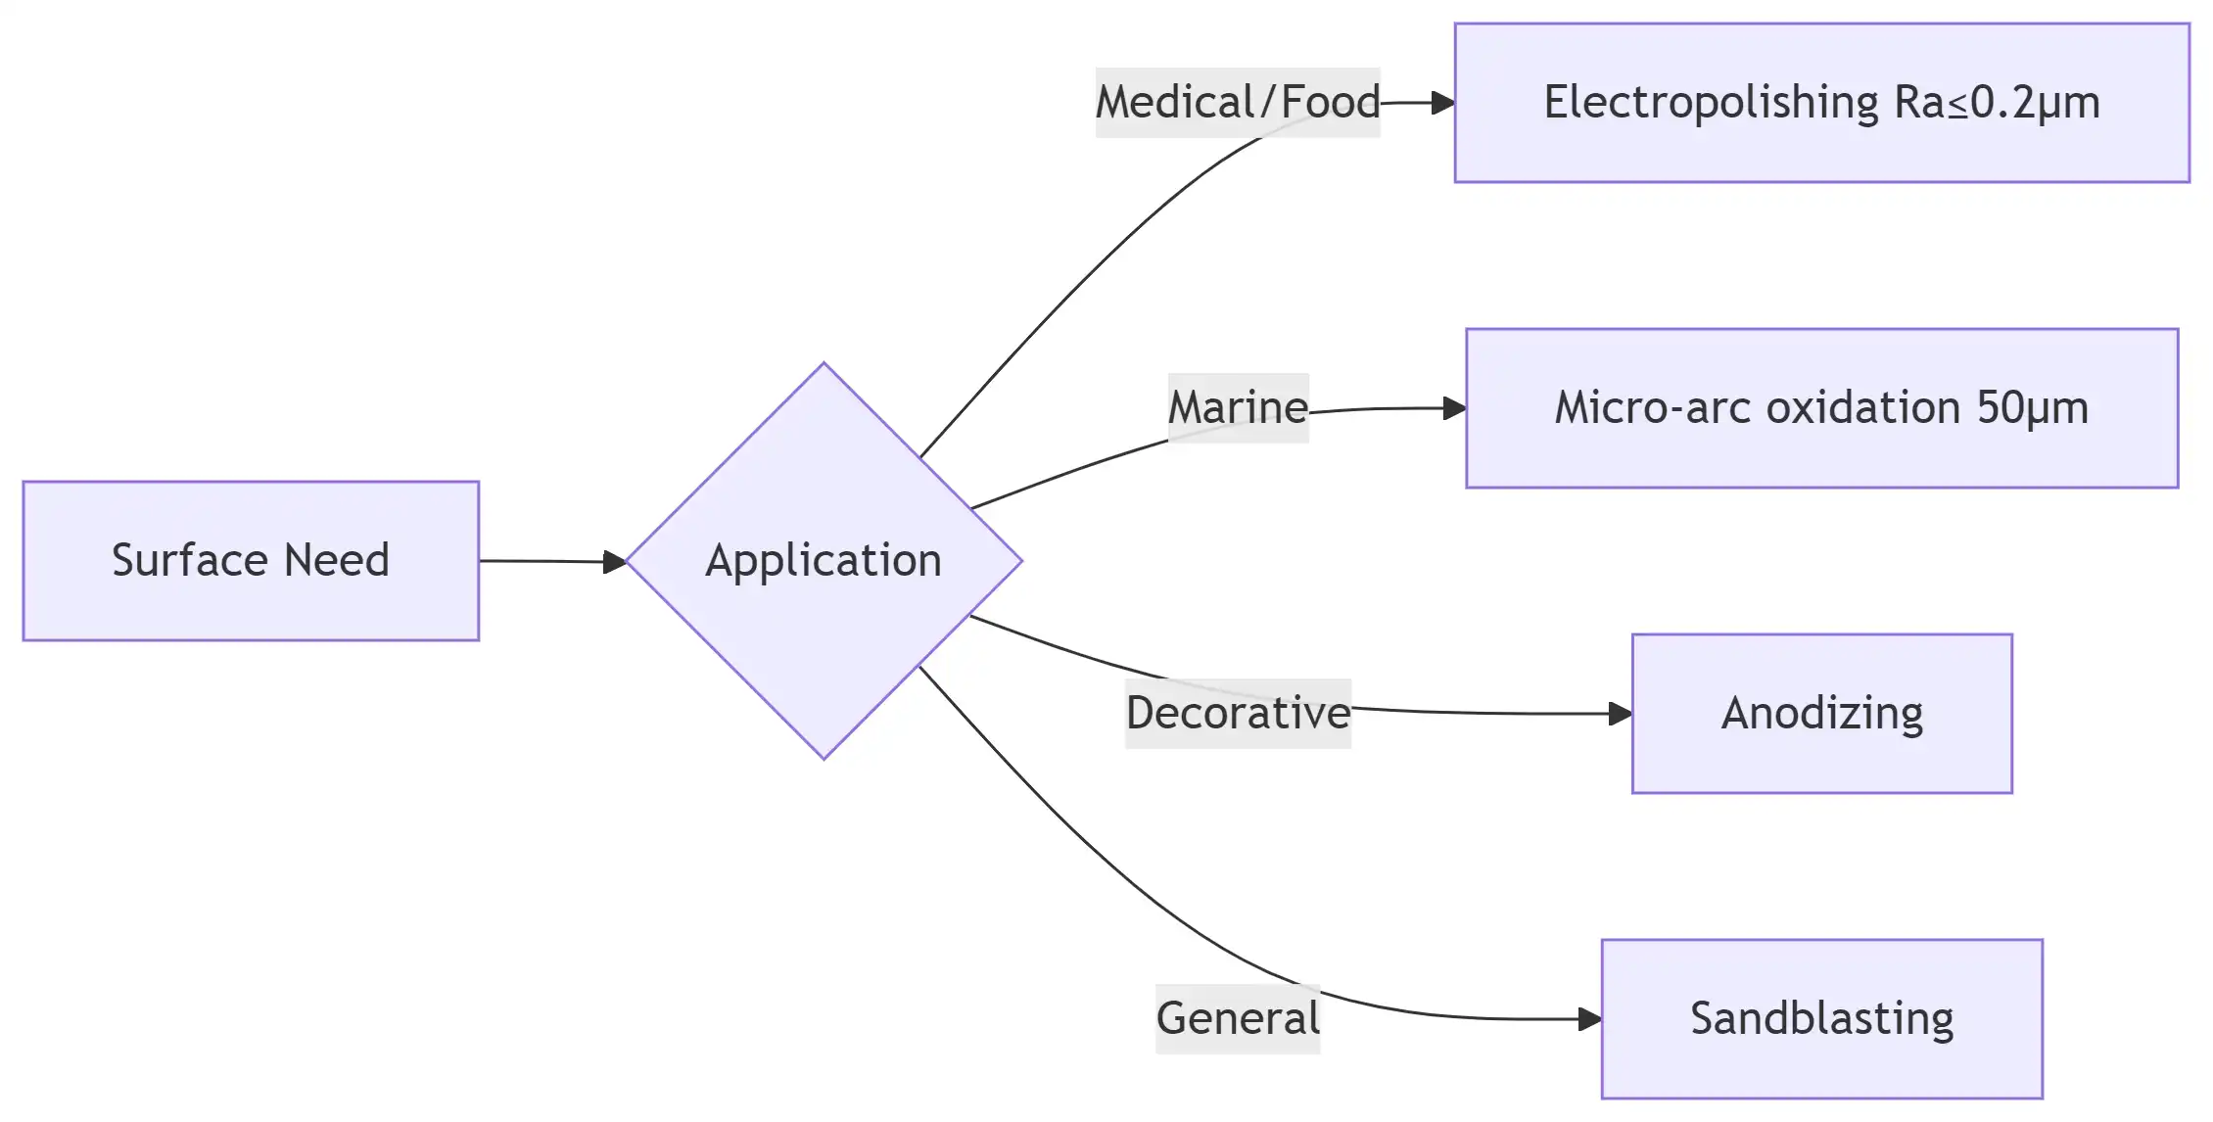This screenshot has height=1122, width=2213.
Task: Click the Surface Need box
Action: pos(251,561)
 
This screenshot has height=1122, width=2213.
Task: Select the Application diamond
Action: pos(824,561)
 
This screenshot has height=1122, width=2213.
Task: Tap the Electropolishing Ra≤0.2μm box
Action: pos(1821,103)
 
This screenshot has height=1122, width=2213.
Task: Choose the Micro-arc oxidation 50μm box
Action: pos(1821,408)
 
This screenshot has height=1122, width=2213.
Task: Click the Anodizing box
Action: pos(1821,714)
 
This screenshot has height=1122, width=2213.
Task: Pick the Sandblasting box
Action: pos(1821,1019)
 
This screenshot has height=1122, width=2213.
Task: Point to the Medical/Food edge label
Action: pos(1238,103)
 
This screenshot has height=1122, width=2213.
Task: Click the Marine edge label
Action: pos(1238,408)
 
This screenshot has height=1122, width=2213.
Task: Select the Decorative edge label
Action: pos(1238,714)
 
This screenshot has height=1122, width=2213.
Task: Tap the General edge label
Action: pos(1238,1019)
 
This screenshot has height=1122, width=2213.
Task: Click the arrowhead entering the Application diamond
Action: pos(615,562)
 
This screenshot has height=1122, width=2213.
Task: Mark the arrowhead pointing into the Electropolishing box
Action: pos(1442,103)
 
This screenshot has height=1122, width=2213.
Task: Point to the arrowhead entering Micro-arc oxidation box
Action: pos(1454,408)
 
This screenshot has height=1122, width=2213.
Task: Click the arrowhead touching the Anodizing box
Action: pos(1621,714)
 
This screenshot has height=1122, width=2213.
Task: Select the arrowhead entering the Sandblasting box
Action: pos(1590,1019)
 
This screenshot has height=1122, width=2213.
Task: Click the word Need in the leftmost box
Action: pos(337,561)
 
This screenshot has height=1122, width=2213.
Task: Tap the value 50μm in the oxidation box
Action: pos(2033,408)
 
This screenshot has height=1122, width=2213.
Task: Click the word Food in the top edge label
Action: pos(1330,103)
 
